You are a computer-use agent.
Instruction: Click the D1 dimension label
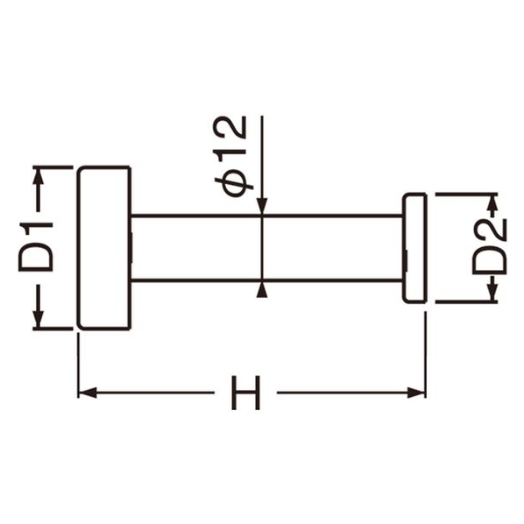pos(36,247)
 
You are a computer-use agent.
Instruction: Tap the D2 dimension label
pos(489,246)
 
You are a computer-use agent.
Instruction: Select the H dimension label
pos(245,393)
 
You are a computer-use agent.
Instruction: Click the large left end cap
pos(104,248)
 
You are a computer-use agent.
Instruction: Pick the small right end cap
pos(414,248)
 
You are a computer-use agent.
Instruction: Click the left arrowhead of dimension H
pos(88,393)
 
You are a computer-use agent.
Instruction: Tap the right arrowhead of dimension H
pos(416,393)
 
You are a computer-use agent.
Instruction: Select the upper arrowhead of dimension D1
pos(38,176)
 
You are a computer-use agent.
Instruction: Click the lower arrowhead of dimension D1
pos(38,319)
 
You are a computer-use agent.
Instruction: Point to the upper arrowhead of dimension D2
pos(493,203)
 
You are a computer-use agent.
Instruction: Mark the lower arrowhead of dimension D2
pos(493,293)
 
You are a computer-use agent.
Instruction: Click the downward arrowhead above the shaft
pos(262,206)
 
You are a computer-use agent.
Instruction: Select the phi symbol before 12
pos(234,185)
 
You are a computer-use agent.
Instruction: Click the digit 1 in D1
pos(36,230)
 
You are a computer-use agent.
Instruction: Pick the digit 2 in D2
pos(490,230)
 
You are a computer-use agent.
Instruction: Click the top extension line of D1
pos(53,166)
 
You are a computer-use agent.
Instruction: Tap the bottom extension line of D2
pos(466,302)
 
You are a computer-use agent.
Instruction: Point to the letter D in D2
pos(490,260)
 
